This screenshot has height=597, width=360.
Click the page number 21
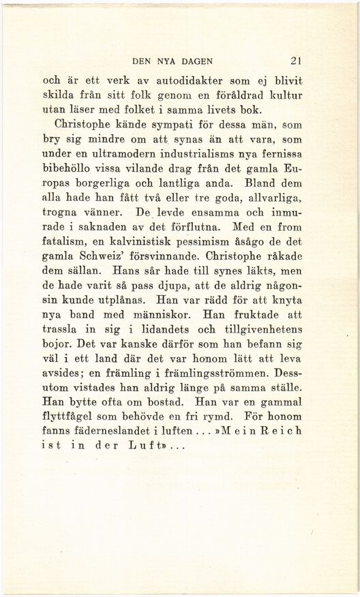pyautogui.click(x=295, y=59)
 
